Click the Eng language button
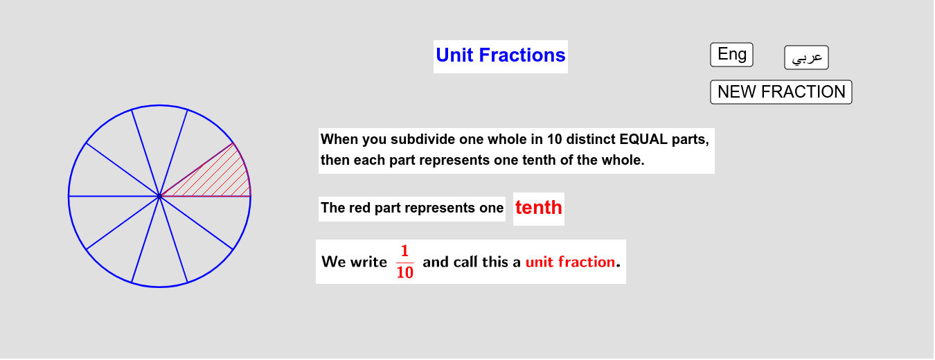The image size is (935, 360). point(731,55)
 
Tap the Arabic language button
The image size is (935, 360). point(806,57)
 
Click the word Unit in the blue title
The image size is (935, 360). point(454,55)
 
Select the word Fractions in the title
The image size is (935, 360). point(522,55)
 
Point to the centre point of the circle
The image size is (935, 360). point(159,196)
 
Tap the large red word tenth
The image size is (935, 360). point(538,208)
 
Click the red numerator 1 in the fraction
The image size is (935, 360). point(404,251)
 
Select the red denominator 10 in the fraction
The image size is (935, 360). point(405,272)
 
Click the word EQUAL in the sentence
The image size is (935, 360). point(643,139)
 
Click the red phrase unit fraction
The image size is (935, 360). point(570,262)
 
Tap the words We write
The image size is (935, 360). point(355,262)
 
